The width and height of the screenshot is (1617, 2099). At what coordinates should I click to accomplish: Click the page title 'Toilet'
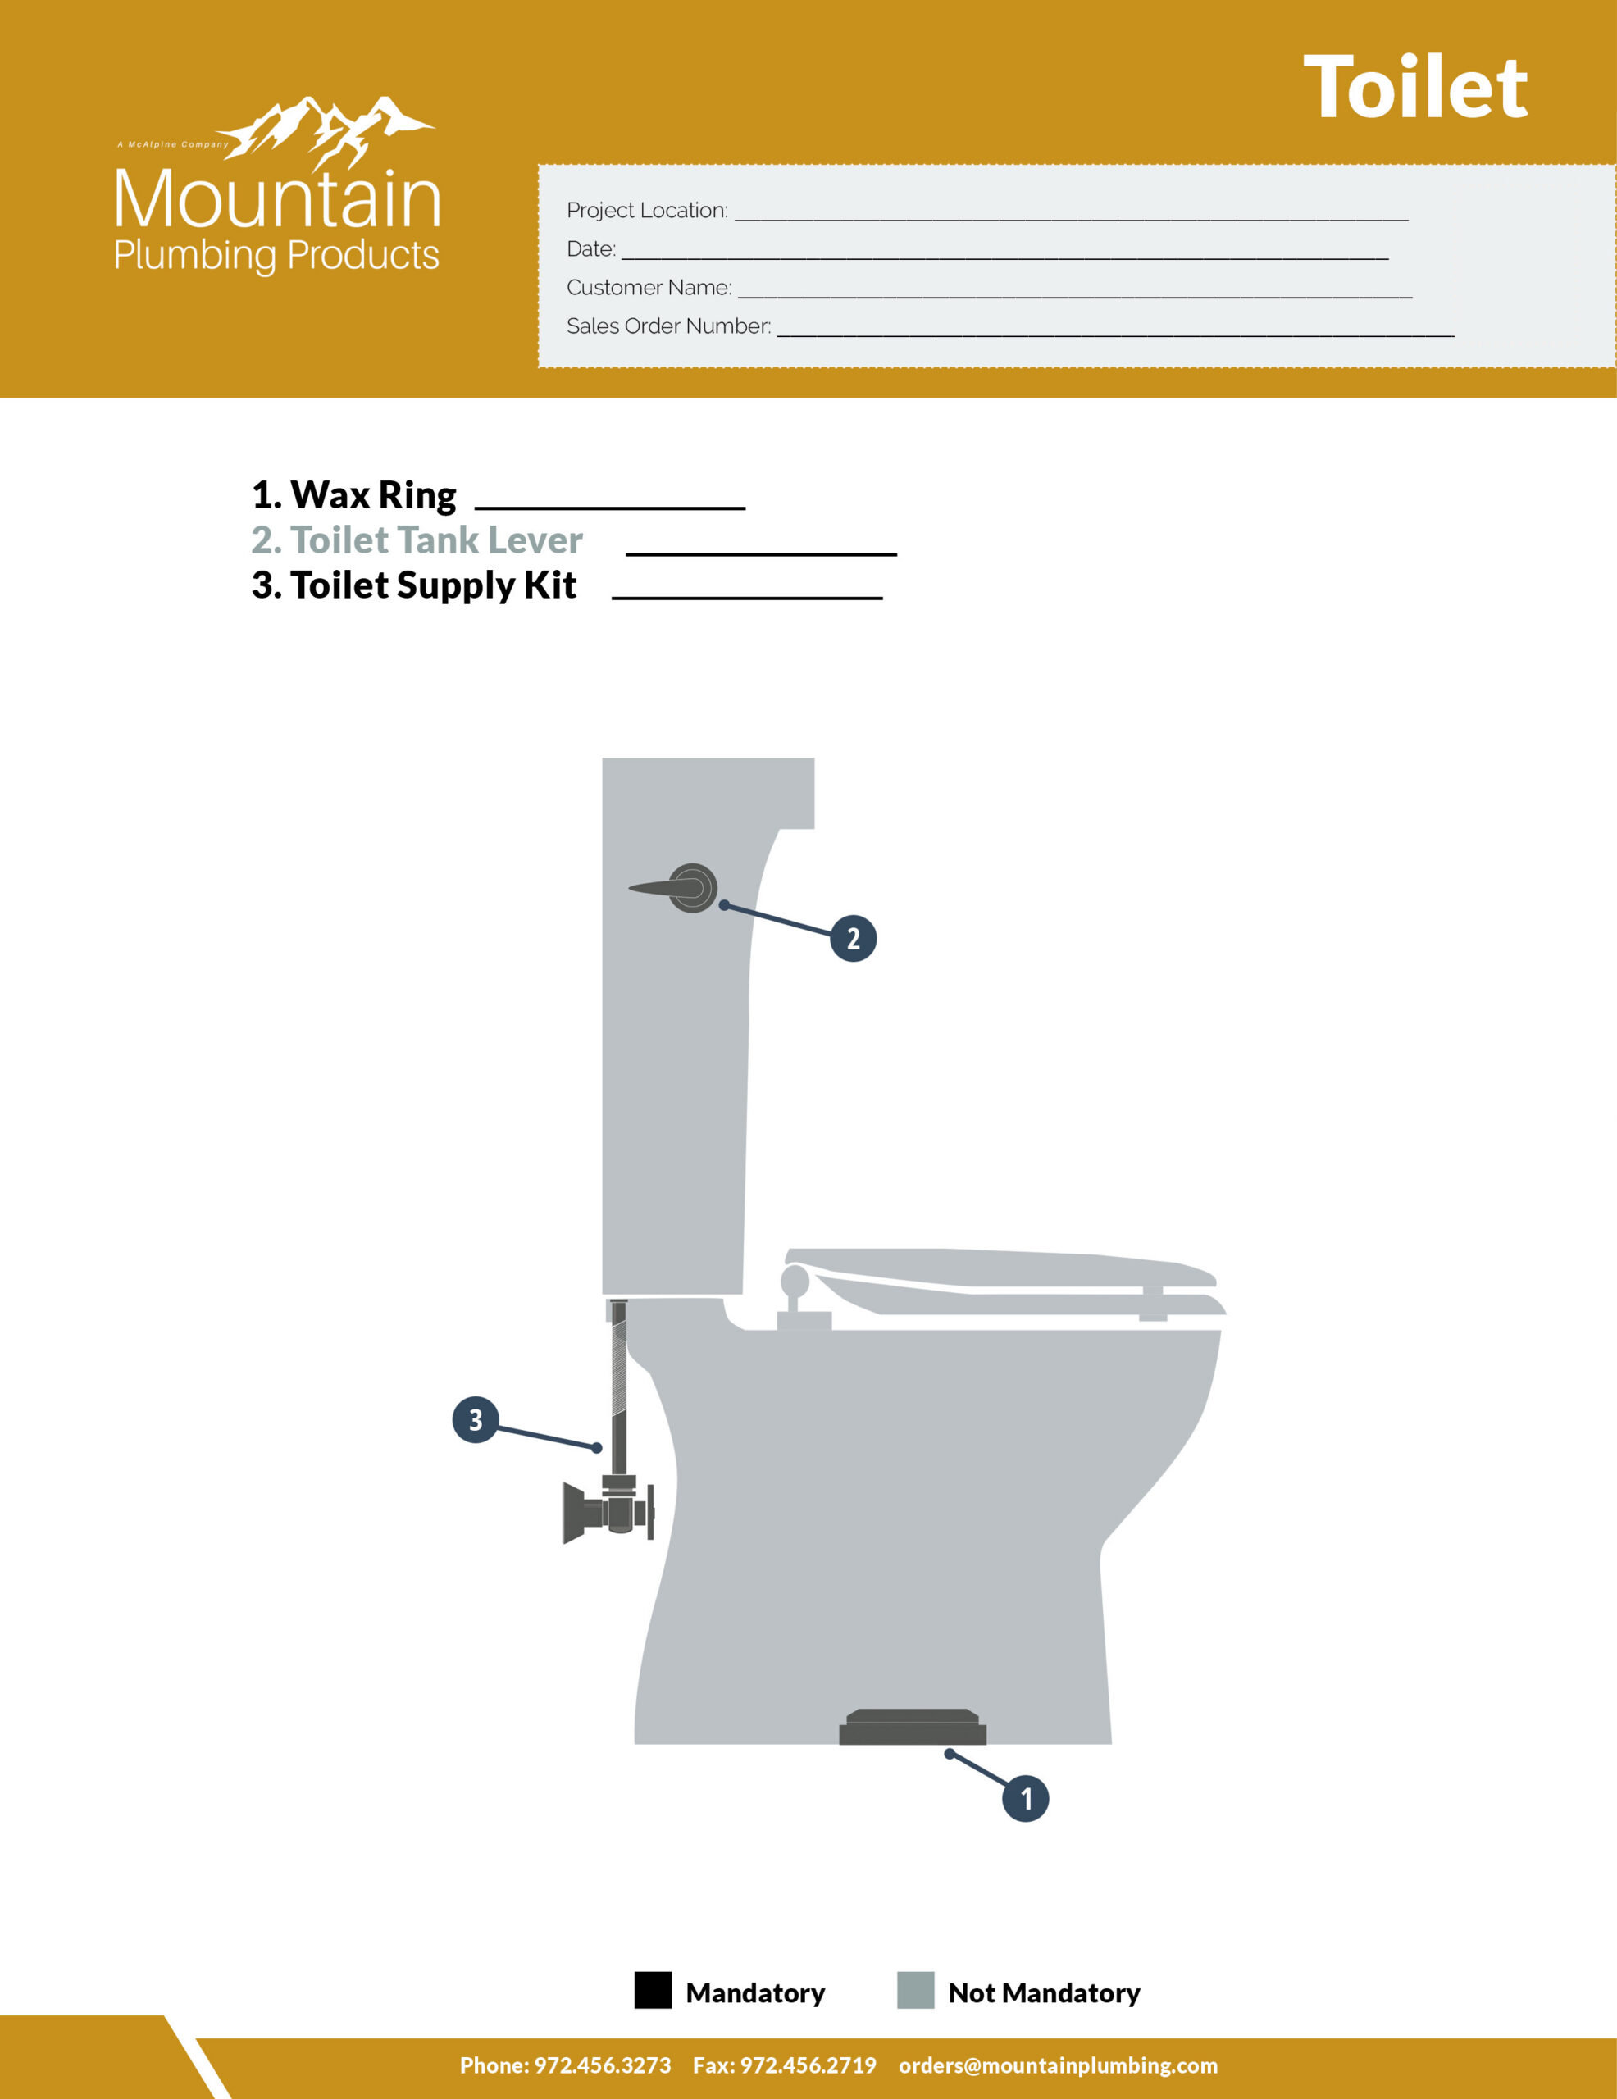(1414, 88)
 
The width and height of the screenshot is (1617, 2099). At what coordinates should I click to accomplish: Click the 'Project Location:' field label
(647, 211)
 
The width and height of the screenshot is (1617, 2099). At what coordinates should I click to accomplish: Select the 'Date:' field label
(591, 249)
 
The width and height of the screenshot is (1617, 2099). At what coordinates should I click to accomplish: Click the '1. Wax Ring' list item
(353, 496)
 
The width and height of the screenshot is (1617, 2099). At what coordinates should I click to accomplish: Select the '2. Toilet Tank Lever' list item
(417, 540)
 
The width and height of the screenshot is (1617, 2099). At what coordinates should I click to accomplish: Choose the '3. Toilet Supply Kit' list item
(414, 585)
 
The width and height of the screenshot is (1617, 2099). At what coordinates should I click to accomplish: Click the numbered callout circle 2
(853, 938)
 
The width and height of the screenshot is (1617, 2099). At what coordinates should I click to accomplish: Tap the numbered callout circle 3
(475, 1419)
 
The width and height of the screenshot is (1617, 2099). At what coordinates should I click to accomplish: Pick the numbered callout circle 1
(1025, 1798)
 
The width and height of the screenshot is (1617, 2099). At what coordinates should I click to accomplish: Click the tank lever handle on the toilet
(673, 888)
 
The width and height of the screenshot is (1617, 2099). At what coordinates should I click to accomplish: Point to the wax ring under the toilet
(913, 1727)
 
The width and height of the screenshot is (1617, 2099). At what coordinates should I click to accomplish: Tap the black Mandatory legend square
(653, 1991)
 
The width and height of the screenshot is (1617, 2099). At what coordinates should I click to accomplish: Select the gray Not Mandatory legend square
(915, 1991)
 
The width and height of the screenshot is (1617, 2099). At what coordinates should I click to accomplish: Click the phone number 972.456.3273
(603, 2065)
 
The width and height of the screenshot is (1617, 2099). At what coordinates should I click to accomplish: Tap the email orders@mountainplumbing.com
(1058, 2065)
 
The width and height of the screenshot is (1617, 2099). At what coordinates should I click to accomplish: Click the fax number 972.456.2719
(808, 2065)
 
